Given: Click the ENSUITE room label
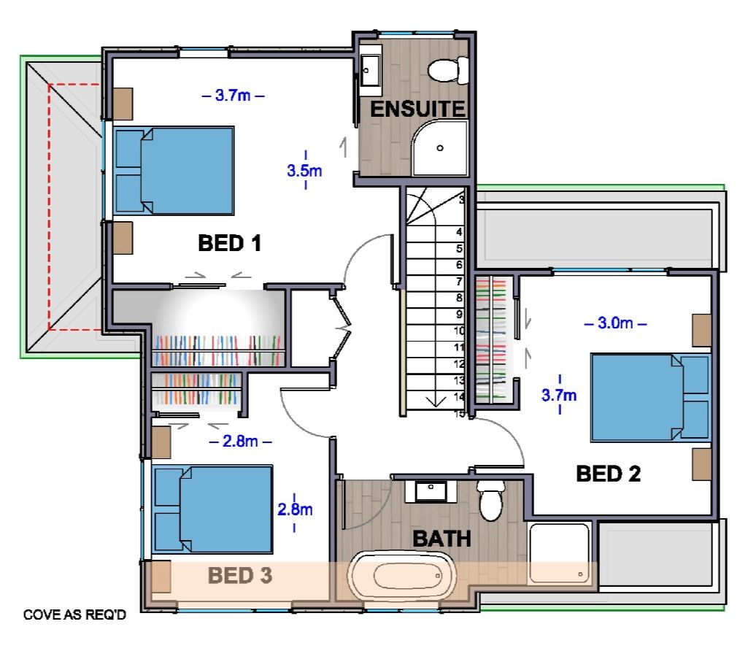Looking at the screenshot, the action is tap(417, 109).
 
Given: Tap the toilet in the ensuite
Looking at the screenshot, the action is tap(448, 70).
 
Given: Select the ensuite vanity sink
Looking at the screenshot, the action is tap(370, 71).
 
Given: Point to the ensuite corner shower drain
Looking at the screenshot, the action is tap(440, 148).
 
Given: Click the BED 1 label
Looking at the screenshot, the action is tap(229, 243).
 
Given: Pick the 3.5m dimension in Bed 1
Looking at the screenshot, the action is tap(305, 170).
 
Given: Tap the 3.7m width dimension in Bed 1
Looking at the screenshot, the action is tap(233, 96).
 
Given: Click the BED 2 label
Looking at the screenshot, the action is tap(609, 474).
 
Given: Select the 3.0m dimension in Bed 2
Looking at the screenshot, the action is tap(615, 323).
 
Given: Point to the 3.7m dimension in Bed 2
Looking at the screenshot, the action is tap(559, 395).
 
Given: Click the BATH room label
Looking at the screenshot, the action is tap(441, 539).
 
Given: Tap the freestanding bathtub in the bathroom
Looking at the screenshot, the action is tap(402, 576).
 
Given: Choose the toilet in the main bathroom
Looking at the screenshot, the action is tap(491, 500).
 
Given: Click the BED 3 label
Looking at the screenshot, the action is tap(240, 575).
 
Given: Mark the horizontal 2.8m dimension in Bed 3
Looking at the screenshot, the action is tap(240, 442).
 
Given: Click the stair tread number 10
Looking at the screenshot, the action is tap(459, 331).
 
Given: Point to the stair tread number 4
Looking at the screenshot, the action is tap(460, 232).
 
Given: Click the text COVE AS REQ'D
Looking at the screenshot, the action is tap(74, 615).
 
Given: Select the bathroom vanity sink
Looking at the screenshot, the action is tap(431, 491).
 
